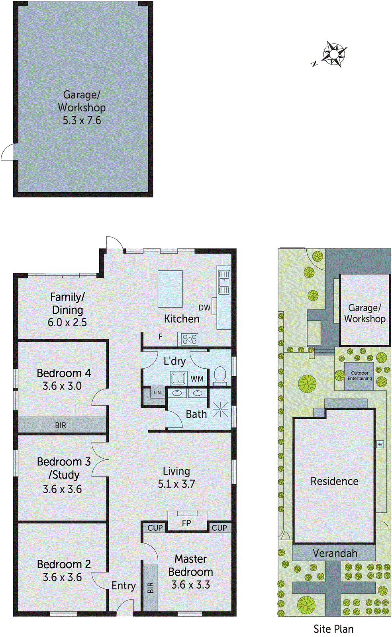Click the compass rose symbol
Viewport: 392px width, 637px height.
(x=334, y=53)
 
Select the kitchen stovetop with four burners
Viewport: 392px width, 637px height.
(x=190, y=339)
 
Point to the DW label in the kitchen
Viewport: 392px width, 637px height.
(x=204, y=308)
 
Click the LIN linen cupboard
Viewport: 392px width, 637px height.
(x=157, y=393)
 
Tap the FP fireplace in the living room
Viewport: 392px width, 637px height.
(x=187, y=522)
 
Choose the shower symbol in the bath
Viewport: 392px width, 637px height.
(x=220, y=410)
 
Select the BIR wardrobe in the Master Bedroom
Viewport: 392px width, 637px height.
(x=151, y=588)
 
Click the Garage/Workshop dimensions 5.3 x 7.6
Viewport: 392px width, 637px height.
(x=82, y=121)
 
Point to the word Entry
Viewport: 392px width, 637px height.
(x=123, y=586)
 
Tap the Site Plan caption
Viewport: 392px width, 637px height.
(x=333, y=629)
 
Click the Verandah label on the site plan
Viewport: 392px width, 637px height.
(x=335, y=553)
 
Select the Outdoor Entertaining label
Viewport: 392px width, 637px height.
(x=359, y=376)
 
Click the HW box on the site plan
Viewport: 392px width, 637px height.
(x=380, y=444)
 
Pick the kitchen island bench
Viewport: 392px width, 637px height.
(x=170, y=289)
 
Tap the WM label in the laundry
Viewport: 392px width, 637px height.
(x=197, y=379)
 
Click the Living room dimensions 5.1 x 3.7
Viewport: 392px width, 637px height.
(x=176, y=484)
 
